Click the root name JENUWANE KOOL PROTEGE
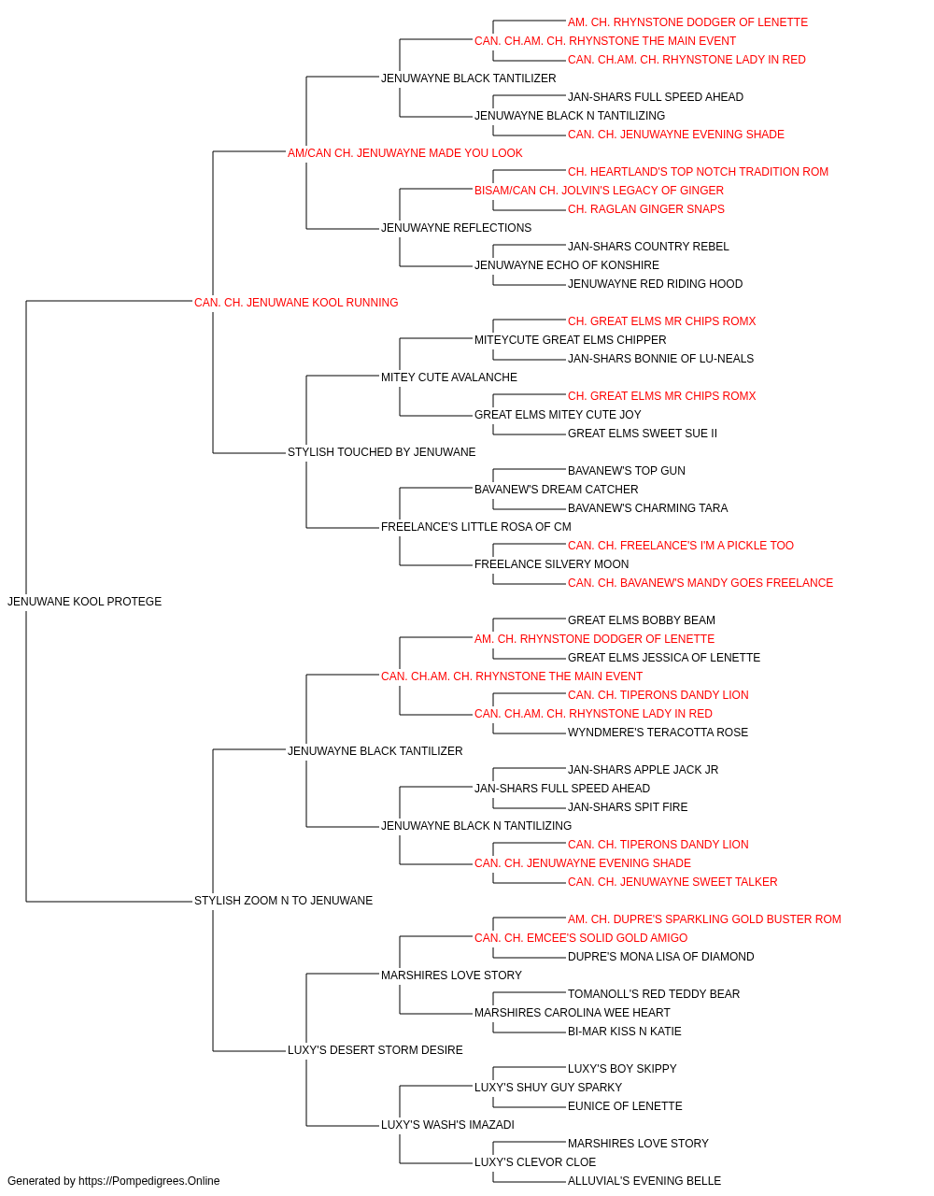pyautogui.click(x=84, y=602)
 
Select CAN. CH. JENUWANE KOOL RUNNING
pyautogui.click(x=296, y=303)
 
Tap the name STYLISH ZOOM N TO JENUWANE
pyautogui.click(x=283, y=901)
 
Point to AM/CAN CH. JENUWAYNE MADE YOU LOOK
pyautogui.click(x=404, y=153)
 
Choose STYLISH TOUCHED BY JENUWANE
pyautogui.click(x=381, y=452)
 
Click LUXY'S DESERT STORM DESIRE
pyautogui.click(x=375, y=1050)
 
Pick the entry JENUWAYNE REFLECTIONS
pyautogui.click(x=456, y=228)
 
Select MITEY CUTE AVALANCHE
pyautogui.click(x=449, y=377)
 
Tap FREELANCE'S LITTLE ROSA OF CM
pyautogui.click(x=475, y=527)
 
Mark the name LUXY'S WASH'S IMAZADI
pyautogui.click(x=447, y=1125)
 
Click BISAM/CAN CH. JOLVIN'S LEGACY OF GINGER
pyautogui.click(x=599, y=191)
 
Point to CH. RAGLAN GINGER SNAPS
pyautogui.click(x=645, y=209)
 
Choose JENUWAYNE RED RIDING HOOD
pyautogui.click(x=655, y=284)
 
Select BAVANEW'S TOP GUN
pyautogui.click(x=627, y=471)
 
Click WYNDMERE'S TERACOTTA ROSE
pyautogui.click(x=658, y=732)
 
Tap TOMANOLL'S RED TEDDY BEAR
pyautogui.click(x=654, y=994)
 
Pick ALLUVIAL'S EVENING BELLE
pyautogui.click(x=644, y=1181)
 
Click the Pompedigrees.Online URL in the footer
pyautogui.click(x=149, y=1181)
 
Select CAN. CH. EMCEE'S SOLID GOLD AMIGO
pyautogui.click(x=581, y=938)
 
